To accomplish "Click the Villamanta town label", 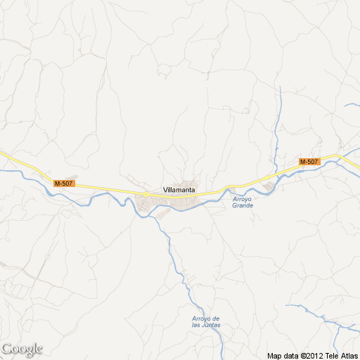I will point(179,190).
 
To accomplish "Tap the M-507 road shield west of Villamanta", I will point(63,184).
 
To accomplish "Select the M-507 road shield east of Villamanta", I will point(309,162).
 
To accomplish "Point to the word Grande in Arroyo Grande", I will point(243,205).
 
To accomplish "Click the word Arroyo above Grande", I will point(242,198).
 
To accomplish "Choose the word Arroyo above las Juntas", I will point(201,319).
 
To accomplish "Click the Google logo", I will point(22,349).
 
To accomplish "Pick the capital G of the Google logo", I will point(7,349).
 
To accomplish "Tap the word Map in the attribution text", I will point(273,354).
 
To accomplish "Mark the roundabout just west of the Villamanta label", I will point(144,193).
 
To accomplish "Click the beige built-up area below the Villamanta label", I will point(165,205).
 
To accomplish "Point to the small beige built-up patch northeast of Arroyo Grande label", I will point(269,186).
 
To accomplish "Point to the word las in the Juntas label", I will point(197,326).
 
